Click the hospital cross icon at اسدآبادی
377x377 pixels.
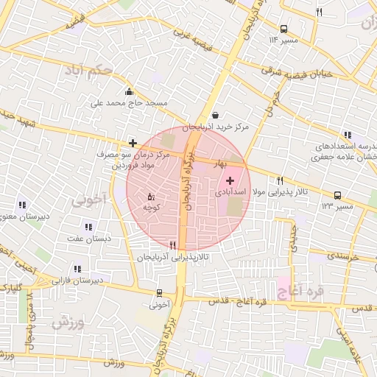click(230, 180)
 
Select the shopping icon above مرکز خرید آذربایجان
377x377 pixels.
click(214, 115)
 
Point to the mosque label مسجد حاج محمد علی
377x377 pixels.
click(130, 103)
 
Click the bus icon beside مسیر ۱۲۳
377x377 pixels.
click(337, 195)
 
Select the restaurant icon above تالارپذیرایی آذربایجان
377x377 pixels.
click(172, 245)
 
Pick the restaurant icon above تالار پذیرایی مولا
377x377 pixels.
click(280, 180)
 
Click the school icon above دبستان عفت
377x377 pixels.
click(88, 228)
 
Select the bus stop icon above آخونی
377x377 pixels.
click(159, 293)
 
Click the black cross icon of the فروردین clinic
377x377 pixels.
click(133, 143)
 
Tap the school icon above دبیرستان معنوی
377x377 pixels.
click(21, 205)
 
